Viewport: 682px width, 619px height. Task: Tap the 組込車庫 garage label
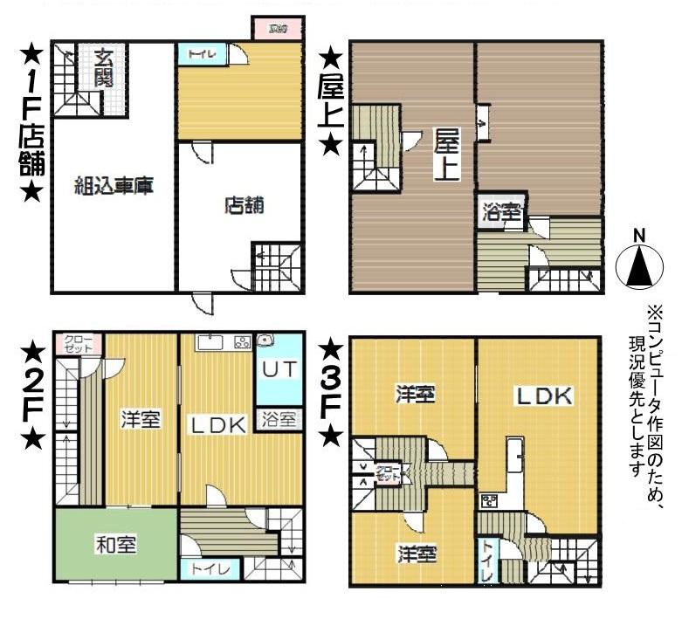coord(114,186)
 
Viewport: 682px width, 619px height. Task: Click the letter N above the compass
coord(639,236)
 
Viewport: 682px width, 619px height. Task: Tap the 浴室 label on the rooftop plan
coord(502,212)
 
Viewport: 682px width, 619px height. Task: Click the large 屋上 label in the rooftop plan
coord(447,153)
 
